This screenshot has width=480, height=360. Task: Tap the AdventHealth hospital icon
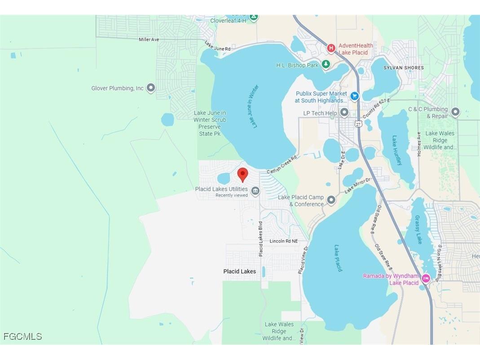pos(331,48)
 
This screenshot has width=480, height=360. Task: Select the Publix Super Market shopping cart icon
pos(354,96)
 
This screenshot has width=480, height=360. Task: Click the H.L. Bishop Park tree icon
pos(326,65)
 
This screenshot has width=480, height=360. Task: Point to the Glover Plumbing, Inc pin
pos(151,88)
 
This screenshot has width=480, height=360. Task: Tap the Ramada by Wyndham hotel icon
pos(426,279)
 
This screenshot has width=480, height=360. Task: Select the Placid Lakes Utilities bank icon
pos(255,191)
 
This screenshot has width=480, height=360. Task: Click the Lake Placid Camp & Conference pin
pos(331,200)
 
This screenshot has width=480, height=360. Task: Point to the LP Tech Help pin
pos(344,112)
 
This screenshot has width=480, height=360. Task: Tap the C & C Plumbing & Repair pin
pos(455,111)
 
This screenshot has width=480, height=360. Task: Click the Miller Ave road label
pos(149,40)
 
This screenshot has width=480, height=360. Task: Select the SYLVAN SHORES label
pos(403,68)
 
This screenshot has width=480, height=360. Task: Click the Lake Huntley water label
pos(397,151)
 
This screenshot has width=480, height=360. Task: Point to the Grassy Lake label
pos(418,230)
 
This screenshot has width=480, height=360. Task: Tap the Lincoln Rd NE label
pos(283,241)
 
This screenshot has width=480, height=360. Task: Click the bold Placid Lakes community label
pos(240,271)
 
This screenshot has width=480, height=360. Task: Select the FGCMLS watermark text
pos(22,336)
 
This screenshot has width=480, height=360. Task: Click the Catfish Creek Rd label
pos(282,165)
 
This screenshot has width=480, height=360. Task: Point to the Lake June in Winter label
pos(253,107)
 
